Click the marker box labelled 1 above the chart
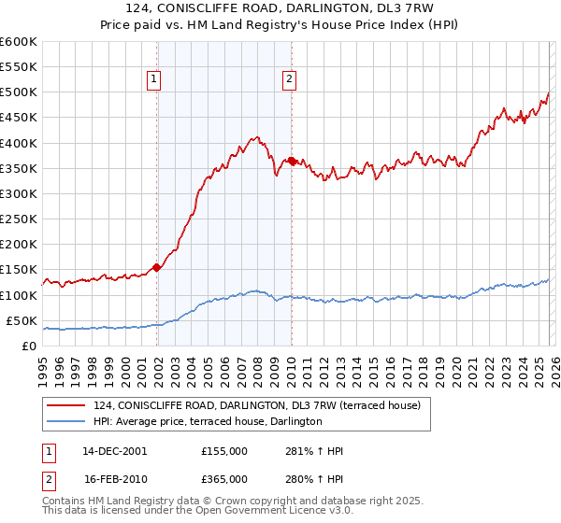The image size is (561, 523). (x=152, y=80)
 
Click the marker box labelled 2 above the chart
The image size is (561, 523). (x=290, y=80)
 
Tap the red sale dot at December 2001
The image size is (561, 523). (x=157, y=267)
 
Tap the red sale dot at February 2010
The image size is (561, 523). (x=292, y=161)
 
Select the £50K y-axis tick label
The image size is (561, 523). (x=22, y=320)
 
